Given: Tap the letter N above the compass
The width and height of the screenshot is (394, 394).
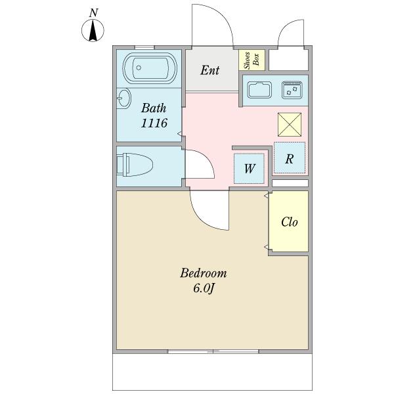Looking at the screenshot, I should [95, 12].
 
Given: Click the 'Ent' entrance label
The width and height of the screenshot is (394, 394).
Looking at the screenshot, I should [210, 70].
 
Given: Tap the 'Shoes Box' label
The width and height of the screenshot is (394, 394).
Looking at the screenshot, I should [252, 60].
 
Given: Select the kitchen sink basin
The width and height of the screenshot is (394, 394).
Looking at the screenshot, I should [261, 89].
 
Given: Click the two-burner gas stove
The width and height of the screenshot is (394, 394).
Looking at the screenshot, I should [292, 90].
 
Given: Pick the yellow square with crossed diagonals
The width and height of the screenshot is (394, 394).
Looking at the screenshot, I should [289, 124].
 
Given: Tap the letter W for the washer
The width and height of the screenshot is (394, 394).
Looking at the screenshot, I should [250, 168].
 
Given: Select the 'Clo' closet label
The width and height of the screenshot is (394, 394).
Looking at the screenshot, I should [289, 222].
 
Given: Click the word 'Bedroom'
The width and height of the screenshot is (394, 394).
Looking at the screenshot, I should [204, 273].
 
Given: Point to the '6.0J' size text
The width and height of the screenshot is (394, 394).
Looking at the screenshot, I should [204, 288].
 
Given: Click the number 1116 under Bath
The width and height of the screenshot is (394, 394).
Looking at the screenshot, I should [154, 123].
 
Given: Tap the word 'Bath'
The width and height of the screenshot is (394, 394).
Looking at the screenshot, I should [154, 108].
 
